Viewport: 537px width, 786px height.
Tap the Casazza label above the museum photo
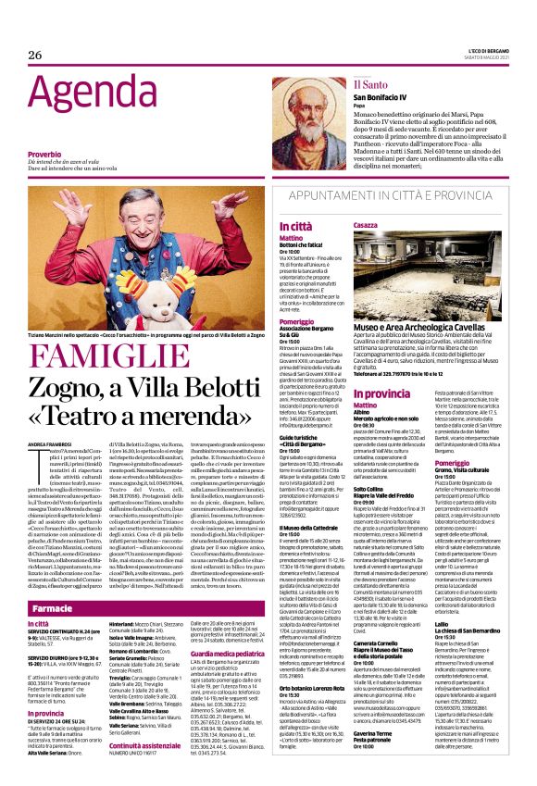click(x=367, y=225)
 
